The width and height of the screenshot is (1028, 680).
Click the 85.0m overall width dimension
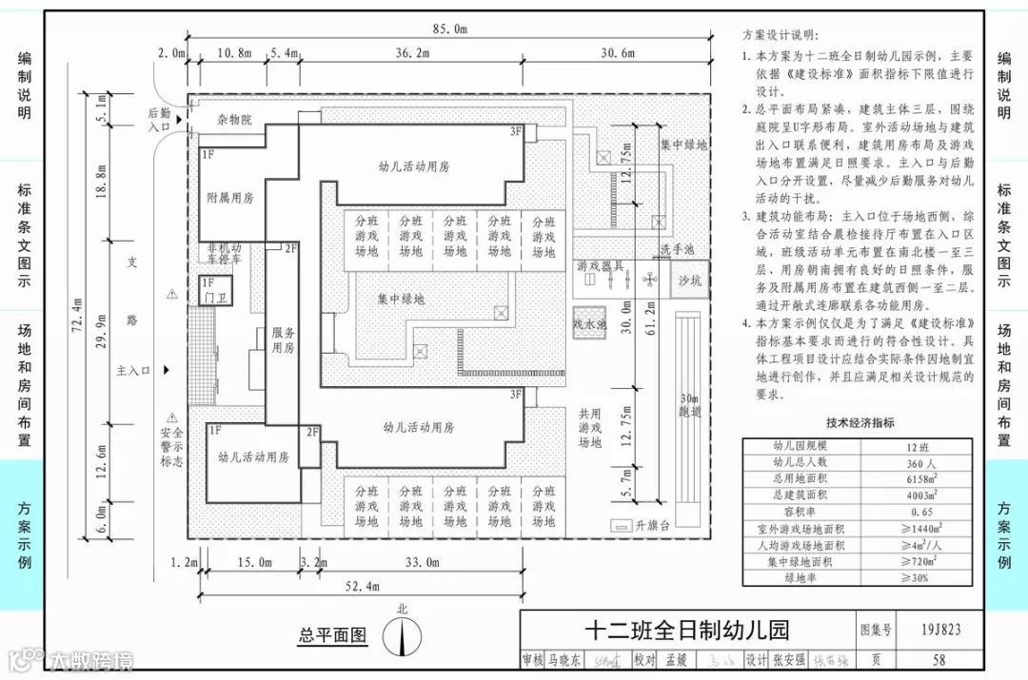pyautogui.click(x=448, y=29)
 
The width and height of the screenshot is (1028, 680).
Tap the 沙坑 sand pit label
pyautogui.click(x=688, y=281)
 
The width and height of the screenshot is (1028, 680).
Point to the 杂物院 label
pyautogui.click(x=233, y=120)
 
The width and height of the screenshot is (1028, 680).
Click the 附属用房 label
pyautogui.click(x=230, y=198)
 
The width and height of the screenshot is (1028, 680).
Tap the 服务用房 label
pyautogui.click(x=284, y=340)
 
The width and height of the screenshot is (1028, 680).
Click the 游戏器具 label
pyautogui.click(x=600, y=266)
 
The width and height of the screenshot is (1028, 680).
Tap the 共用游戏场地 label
pyautogui.click(x=590, y=428)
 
